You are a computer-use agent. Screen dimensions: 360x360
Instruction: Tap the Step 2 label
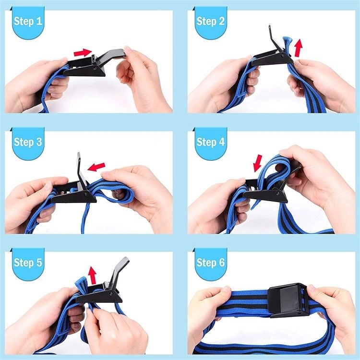pyautogui.click(x=210, y=22)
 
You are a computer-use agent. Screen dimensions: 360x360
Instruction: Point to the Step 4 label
pyautogui.click(x=210, y=142)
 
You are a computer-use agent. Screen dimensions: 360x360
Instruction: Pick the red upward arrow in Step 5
pyautogui.click(x=92, y=275)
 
